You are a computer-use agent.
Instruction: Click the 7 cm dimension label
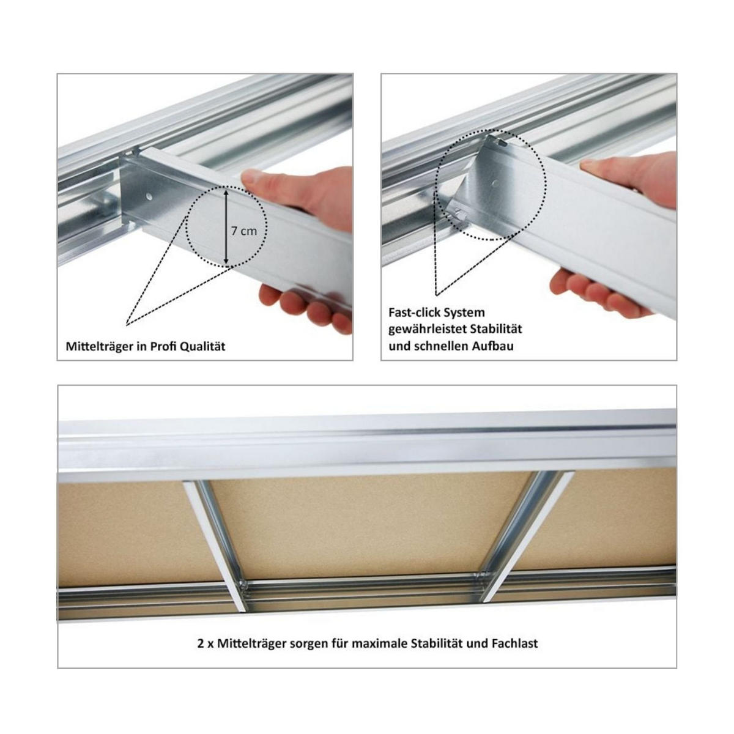244,231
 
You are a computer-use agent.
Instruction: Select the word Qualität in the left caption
202,347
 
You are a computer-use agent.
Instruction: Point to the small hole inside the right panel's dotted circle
494,182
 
